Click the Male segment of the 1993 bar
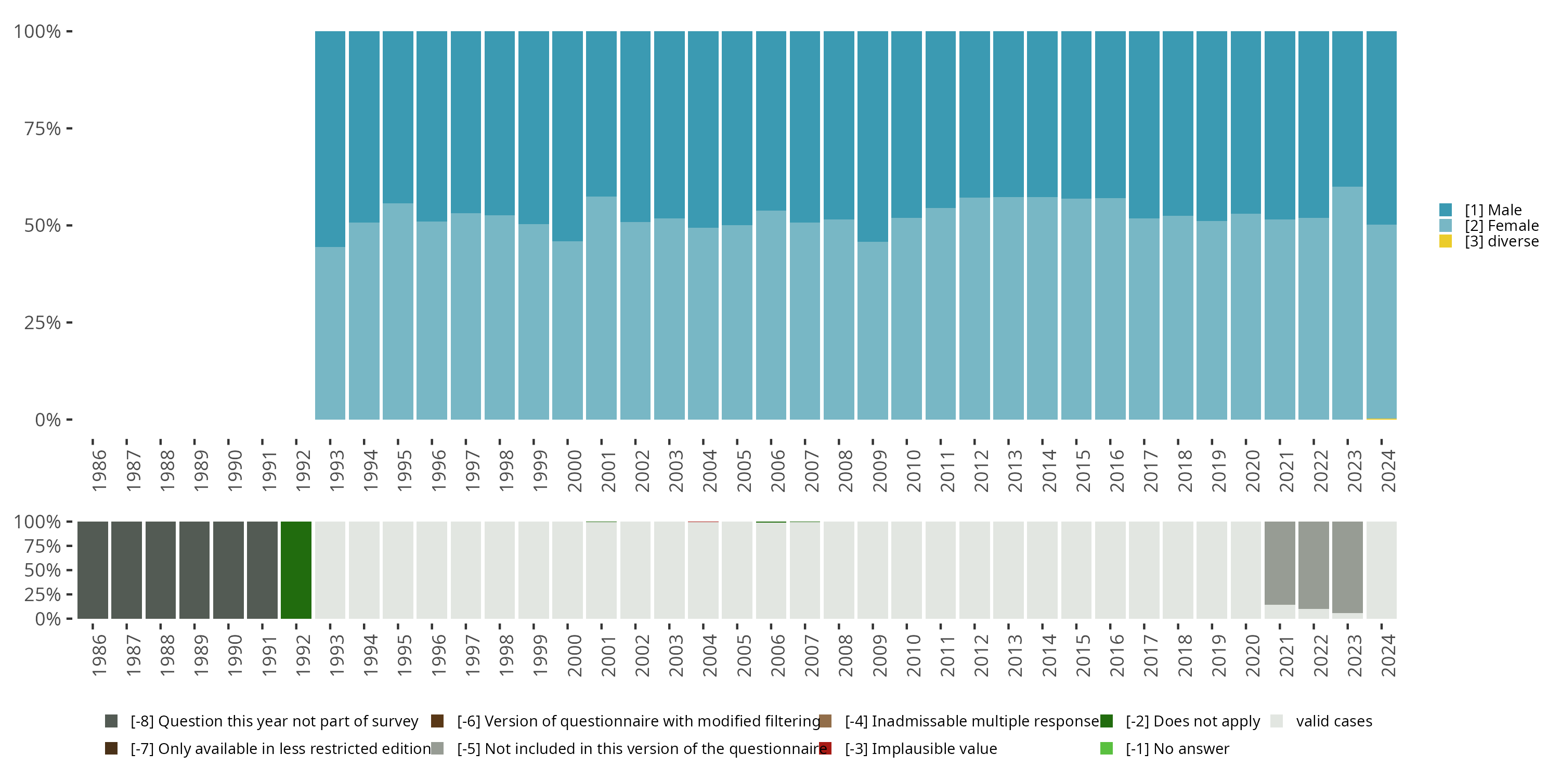pyautogui.click(x=330, y=139)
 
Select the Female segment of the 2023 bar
pyautogui.click(x=1347, y=303)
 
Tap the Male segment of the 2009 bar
pyautogui.click(x=873, y=136)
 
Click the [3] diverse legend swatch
pyautogui.click(x=1446, y=242)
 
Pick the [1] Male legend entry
pyautogui.click(x=1493, y=210)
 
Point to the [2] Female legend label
pyautogui.click(x=1501, y=226)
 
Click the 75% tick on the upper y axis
pyautogui.click(x=43, y=128)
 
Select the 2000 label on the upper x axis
pyautogui.click(x=574, y=471)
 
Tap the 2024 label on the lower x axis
pyautogui.click(x=1388, y=655)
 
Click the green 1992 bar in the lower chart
pyautogui.click(x=296, y=570)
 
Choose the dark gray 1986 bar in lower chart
pyautogui.click(x=93, y=570)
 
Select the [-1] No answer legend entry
pyautogui.click(x=1177, y=748)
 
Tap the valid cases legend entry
pyautogui.click(x=1333, y=721)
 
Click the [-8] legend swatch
pyautogui.click(x=111, y=721)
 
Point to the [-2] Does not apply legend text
pyautogui.click(x=1192, y=721)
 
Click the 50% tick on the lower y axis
pyautogui.click(x=43, y=570)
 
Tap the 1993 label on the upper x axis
pyautogui.click(x=337, y=471)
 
